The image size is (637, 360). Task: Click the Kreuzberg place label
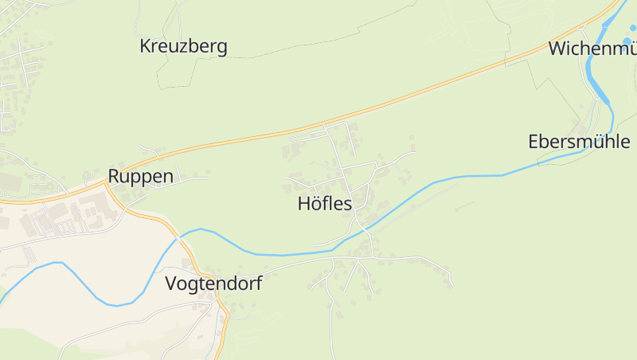click(x=183, y=46)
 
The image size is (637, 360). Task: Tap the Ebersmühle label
click(x=579, y=142)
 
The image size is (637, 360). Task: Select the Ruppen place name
click(x=140, y=176)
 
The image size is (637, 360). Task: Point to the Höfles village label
click(x=324, y=204)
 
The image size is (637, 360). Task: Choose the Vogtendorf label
click(x=213, y=284)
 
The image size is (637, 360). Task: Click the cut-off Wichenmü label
click(x=592, y=49)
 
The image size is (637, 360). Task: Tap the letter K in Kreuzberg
click(x=146, y=46)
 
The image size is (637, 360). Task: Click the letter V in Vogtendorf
click(x=170, y=284)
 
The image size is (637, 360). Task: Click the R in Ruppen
click(x=114, y=176)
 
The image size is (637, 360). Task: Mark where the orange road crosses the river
click(x=181, y=237)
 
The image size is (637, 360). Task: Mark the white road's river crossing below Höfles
click(x=362, y=228)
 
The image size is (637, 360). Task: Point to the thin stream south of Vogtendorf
click(x=217, y=331)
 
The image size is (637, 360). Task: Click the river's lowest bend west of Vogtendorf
click(x=117, y=305)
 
